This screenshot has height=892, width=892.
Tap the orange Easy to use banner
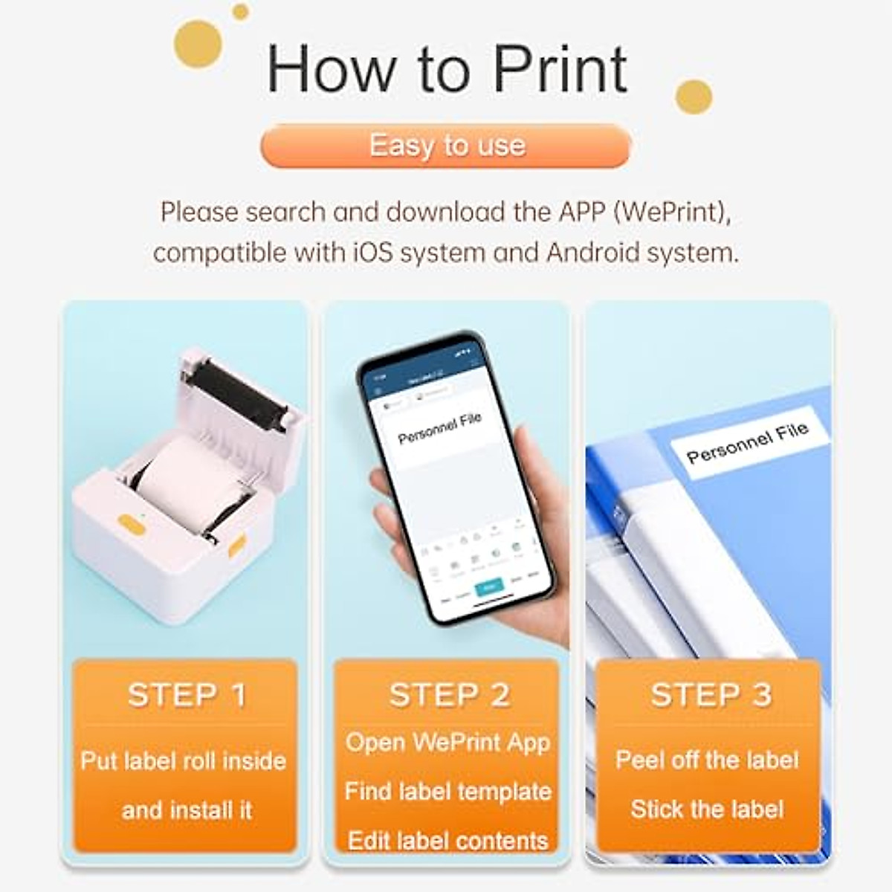tap(446, 146)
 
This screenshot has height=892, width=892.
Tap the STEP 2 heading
tap(449, 695)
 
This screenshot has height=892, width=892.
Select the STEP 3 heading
tap(711, 695)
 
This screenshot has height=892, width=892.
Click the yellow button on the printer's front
tap(132, 524)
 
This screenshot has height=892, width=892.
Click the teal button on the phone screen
tap(488, 587)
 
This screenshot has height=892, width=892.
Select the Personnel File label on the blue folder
tap(746, 442)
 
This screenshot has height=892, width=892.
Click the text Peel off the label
tap(707, 760)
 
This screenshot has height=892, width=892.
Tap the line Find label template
tap(447, 792)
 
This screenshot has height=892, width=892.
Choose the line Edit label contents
tap(447, 840)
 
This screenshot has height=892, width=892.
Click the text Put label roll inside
tap(184, 761)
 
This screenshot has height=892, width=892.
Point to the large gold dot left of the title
tap(198, 44)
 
